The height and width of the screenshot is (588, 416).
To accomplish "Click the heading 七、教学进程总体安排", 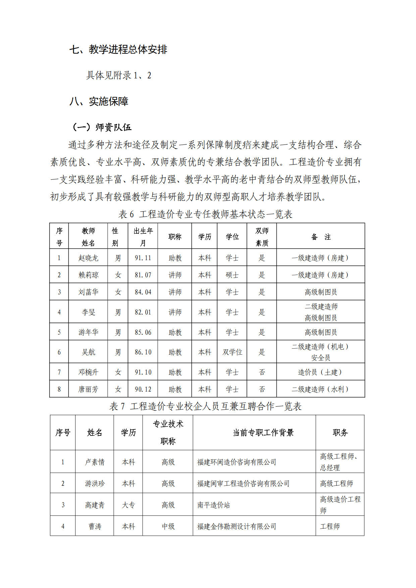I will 118,50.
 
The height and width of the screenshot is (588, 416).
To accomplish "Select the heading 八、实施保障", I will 99,101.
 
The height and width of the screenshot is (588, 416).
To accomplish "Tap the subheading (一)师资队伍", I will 102,127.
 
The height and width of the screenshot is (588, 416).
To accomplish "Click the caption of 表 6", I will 205,214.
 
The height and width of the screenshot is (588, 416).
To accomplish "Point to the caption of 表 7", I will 205,406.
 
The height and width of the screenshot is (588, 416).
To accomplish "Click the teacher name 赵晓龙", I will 88,258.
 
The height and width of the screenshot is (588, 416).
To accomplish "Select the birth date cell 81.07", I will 143,275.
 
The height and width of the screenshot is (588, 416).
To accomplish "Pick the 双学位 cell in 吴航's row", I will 232,352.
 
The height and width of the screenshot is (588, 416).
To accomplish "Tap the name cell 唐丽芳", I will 88,389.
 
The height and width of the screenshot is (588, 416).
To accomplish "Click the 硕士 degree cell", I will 232,275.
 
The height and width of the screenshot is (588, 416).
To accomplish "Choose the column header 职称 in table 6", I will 175,237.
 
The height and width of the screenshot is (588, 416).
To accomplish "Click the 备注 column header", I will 321,237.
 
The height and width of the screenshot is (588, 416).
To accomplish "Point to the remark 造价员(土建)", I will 321,372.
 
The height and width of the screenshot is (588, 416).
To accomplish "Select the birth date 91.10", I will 143,372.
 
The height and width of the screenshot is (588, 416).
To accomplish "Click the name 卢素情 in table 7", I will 95,462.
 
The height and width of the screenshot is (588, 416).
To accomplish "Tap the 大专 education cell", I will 128,505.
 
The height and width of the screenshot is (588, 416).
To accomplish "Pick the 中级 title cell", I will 168,526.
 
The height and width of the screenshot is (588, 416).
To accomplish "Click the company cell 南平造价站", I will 214,505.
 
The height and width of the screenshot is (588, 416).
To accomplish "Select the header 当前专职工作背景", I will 263,433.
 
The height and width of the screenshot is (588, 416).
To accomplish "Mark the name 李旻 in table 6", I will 88,312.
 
